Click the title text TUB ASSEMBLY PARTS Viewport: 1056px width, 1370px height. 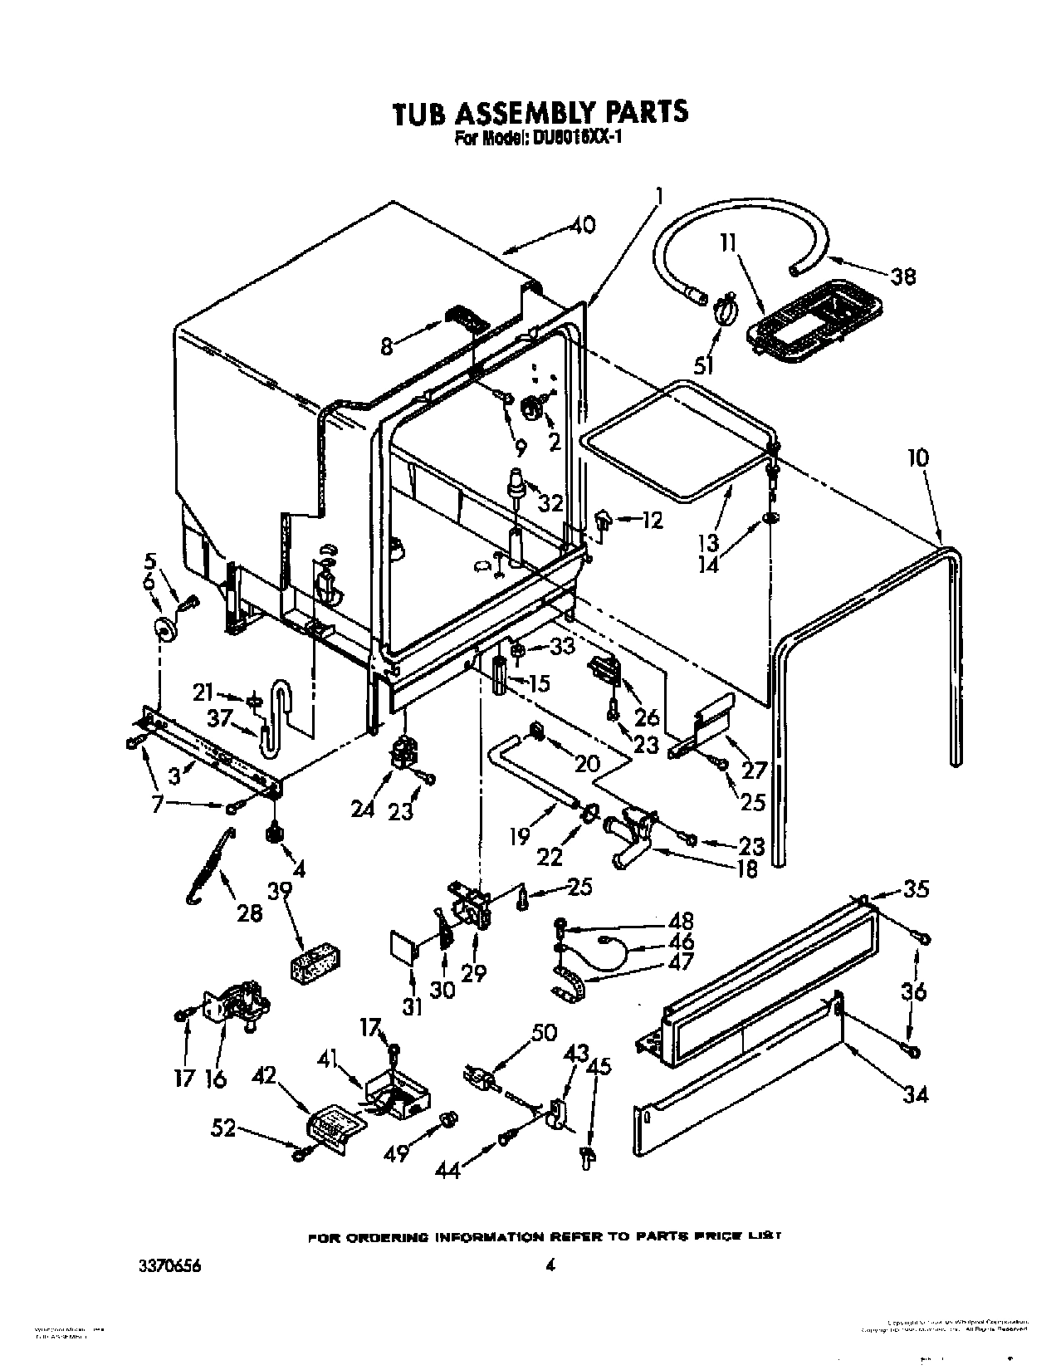click(540, 111)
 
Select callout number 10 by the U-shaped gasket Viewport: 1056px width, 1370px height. click(917, 457)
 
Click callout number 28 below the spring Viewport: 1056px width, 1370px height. click(249, 913)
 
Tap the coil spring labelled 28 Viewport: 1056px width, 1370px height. click(208, 866)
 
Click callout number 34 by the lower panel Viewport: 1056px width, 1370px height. click(915, 1095)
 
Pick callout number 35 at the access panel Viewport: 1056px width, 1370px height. click(916, 888)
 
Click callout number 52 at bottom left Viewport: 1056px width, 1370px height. click(224, 1128)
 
